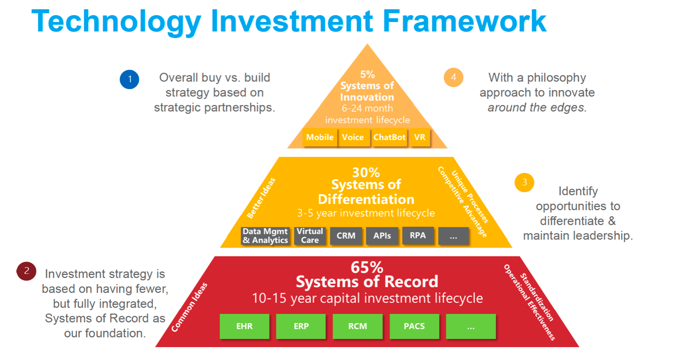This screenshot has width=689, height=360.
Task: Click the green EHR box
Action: tap(244, 326)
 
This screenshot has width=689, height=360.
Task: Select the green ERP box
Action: tap(301, 326)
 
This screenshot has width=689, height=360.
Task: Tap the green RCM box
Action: tap(357, 326)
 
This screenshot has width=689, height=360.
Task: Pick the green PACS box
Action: tap(414, 326)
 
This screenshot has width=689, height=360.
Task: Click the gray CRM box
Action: tap(346, 236)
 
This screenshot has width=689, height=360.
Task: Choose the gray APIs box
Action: tap(382, 236)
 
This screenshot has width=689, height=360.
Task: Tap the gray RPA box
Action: tap(418, 236)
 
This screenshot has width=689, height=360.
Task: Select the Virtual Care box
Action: tap(310, 236)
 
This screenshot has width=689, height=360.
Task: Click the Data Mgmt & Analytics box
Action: tap(265, 236)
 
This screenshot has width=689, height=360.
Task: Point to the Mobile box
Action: tap(320, 137)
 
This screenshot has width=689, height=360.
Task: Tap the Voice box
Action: tap(353, 137)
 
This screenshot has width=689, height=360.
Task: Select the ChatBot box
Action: tap(390, 137)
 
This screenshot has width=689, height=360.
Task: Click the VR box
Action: tap(420, 137)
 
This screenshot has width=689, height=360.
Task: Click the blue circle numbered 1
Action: tap(130, 79)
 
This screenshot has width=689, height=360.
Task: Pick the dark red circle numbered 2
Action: tap(26, 271)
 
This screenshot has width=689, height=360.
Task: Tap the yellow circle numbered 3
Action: tap(524, 183)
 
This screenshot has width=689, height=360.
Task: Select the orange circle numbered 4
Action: tap(453, 77)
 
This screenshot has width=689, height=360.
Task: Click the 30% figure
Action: tap(366, 173)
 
